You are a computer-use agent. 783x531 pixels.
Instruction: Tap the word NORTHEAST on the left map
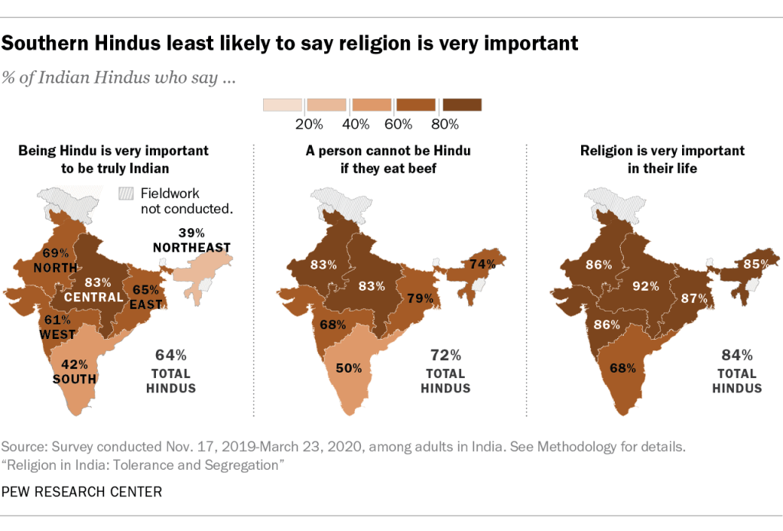192,246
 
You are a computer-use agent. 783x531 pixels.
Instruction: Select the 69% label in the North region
56,252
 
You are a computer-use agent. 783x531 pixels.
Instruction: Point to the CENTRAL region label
94,297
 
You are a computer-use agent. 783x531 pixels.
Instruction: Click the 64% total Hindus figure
171,355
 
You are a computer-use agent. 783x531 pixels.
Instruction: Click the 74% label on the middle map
482,264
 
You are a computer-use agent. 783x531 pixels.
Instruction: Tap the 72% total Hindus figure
444,355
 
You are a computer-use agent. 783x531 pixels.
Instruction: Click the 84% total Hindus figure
737,355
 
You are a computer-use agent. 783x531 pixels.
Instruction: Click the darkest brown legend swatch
460,105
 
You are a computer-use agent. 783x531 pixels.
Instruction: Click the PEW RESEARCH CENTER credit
82,491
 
